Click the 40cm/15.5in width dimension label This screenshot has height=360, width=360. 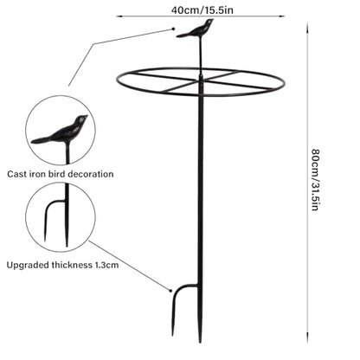pyautogui.click(x=202, y=10)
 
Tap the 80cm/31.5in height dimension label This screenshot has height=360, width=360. pyautogui.click(x=315, y=180)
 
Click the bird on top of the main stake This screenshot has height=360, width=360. pyautogui.click(x=196, y=29)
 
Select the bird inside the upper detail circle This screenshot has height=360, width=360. pyautogui.click(x=60, y=130)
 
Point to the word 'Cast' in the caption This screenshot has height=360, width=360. pyautogui.click(x=14, y=174)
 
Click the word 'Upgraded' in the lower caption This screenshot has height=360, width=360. pyautogui.click(x=28, y=265)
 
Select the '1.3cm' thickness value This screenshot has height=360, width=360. pyautogui.click(x=106, y=265)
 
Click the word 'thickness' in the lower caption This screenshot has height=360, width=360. pyautogui.click(x=72, y=265)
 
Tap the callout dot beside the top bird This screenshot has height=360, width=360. pyautogui.click(x=173, y=29)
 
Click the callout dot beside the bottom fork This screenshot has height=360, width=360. pyautogui.click(x=170, y=291)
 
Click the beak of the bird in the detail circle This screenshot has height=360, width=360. pyautogui.click(x=86, y=117)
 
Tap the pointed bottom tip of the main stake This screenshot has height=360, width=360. pyautogui.click(x=200, y=341)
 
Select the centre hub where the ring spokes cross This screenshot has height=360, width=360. pyautogui.click(x=201, y=81)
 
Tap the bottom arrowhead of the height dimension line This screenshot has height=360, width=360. pyautogui.click(x=307, y=339)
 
